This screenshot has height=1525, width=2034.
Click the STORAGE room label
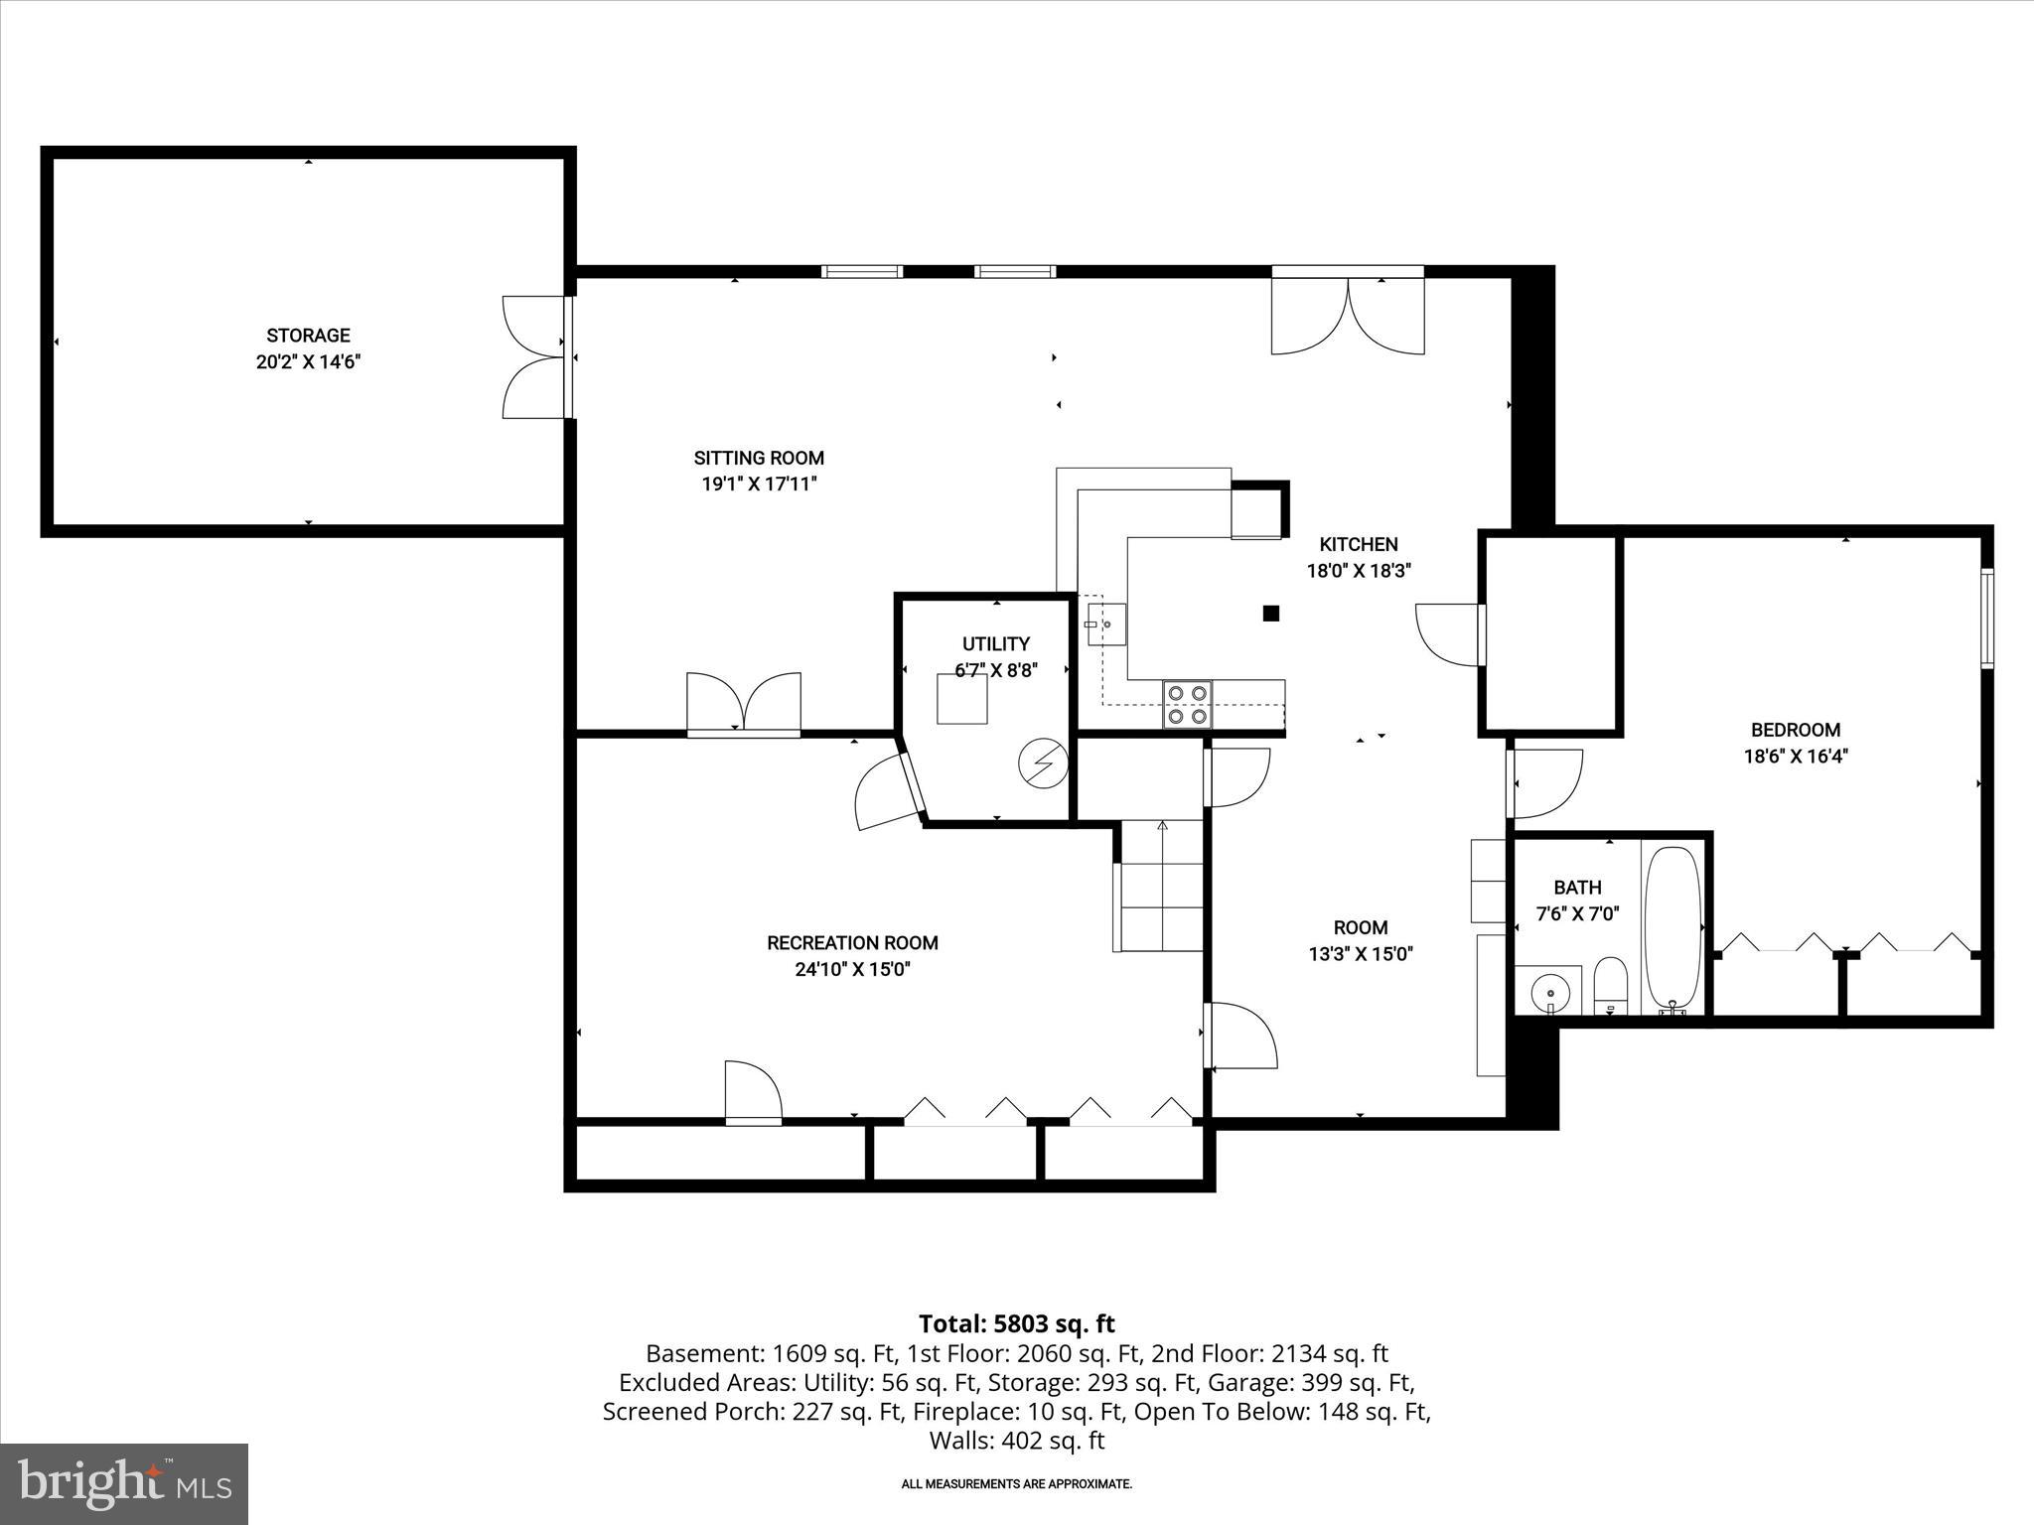click(308, 336)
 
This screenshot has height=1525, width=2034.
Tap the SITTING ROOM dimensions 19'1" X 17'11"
click(759, 485)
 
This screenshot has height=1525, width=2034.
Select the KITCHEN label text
click(1358, 544)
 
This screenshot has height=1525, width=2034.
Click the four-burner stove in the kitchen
click(1187, 704)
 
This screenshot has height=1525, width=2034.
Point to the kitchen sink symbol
click(1105, 624)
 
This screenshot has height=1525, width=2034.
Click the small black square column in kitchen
click(1270, 614)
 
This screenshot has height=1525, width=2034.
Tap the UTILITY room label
click(995, 643)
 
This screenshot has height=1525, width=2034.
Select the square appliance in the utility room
click(961, 698)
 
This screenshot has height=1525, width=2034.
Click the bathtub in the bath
click(1672, 928)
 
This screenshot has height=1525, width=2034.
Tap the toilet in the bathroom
click(1610, 986)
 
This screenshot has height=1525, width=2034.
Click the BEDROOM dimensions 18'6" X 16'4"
click(1795, 757)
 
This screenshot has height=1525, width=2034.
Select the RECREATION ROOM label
click(852, 942)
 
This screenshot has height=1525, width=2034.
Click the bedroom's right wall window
click(1987, 618)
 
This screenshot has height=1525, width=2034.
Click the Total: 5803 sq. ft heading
click(1016, 1323)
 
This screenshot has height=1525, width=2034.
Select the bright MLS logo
click(124, 1483)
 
